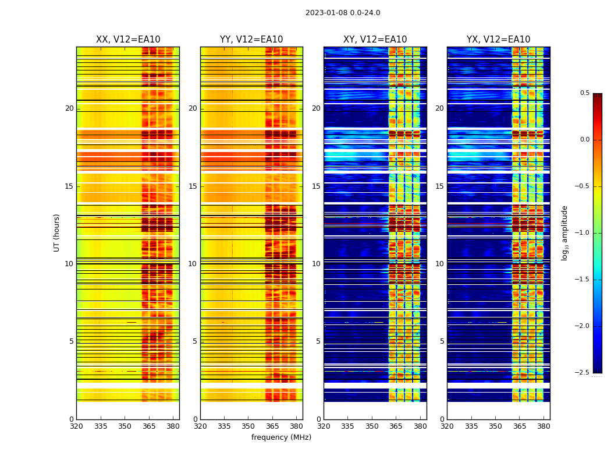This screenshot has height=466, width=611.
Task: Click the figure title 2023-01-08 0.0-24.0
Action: [x=343, y=13]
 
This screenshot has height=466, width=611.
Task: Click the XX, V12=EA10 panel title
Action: [x=128, y=40]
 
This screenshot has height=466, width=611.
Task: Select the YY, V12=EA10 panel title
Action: [x=251, y=40]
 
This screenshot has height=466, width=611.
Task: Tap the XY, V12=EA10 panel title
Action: [x=375, y=40]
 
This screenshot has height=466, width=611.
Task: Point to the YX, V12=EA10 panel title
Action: [x=498, y=40]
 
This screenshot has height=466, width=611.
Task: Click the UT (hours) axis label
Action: [x=57, y=232]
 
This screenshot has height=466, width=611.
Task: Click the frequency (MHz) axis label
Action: [x=281, y=437]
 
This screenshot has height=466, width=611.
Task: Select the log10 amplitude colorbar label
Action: [x=564, y=232]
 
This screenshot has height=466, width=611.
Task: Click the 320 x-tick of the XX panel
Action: [x=76, y=426]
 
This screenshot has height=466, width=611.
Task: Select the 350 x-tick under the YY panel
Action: [x=248, y=426]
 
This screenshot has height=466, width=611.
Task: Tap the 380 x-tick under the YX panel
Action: [x=543, y=426]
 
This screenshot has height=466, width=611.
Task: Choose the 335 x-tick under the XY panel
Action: [x=347, y=426]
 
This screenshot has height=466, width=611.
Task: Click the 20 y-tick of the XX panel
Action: [x=69, y=108]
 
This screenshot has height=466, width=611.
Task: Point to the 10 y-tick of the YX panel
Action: [x=440, y=264]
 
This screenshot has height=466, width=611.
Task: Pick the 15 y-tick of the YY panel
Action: [x=193, y=186]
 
